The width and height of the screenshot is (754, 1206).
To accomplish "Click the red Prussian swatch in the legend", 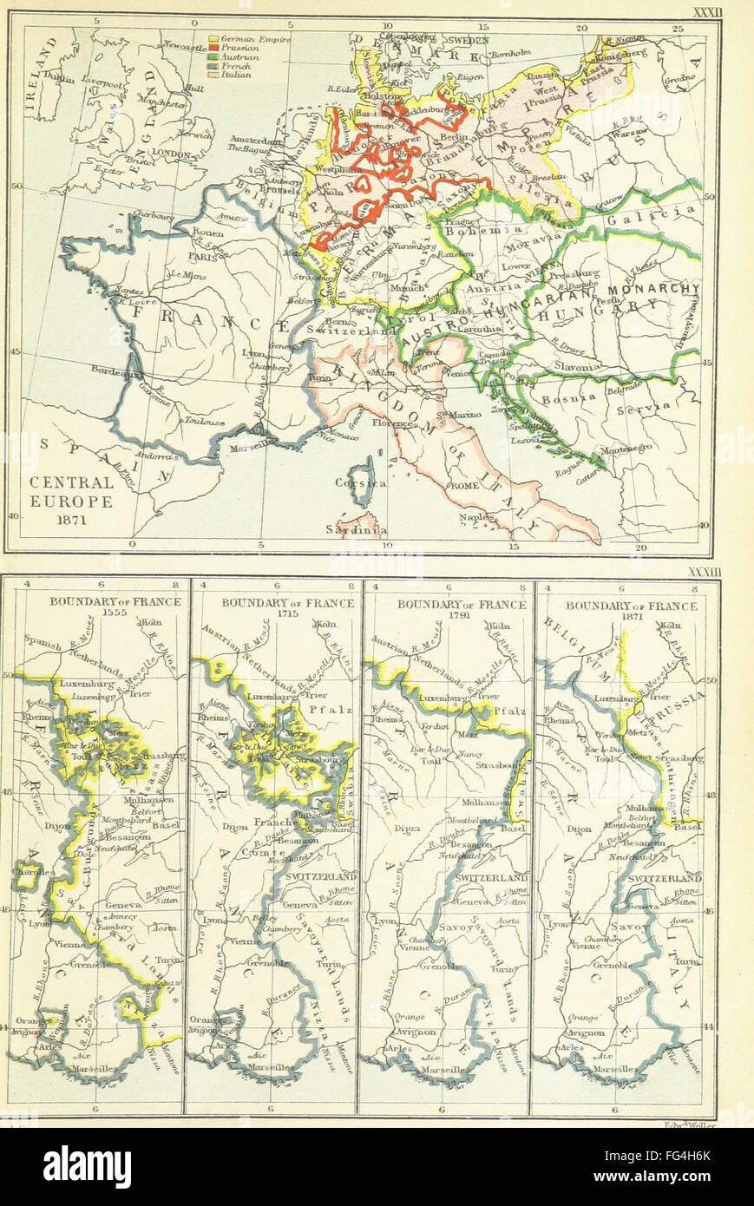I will [214, 49].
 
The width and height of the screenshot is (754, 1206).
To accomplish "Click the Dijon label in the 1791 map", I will [407, 829].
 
